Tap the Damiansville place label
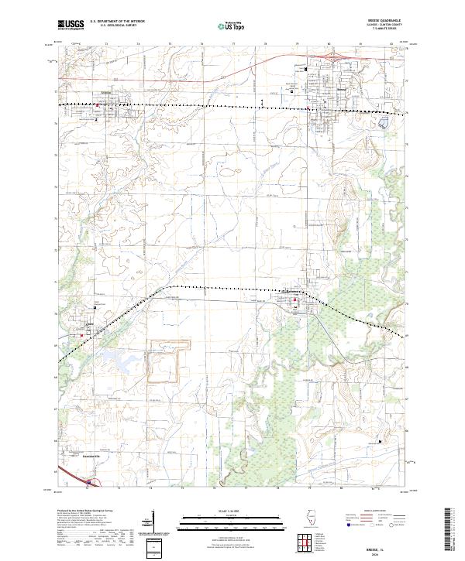tap(94, 456)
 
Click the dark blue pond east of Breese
tap(382, 122)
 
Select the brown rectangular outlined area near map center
tap(164, 361)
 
